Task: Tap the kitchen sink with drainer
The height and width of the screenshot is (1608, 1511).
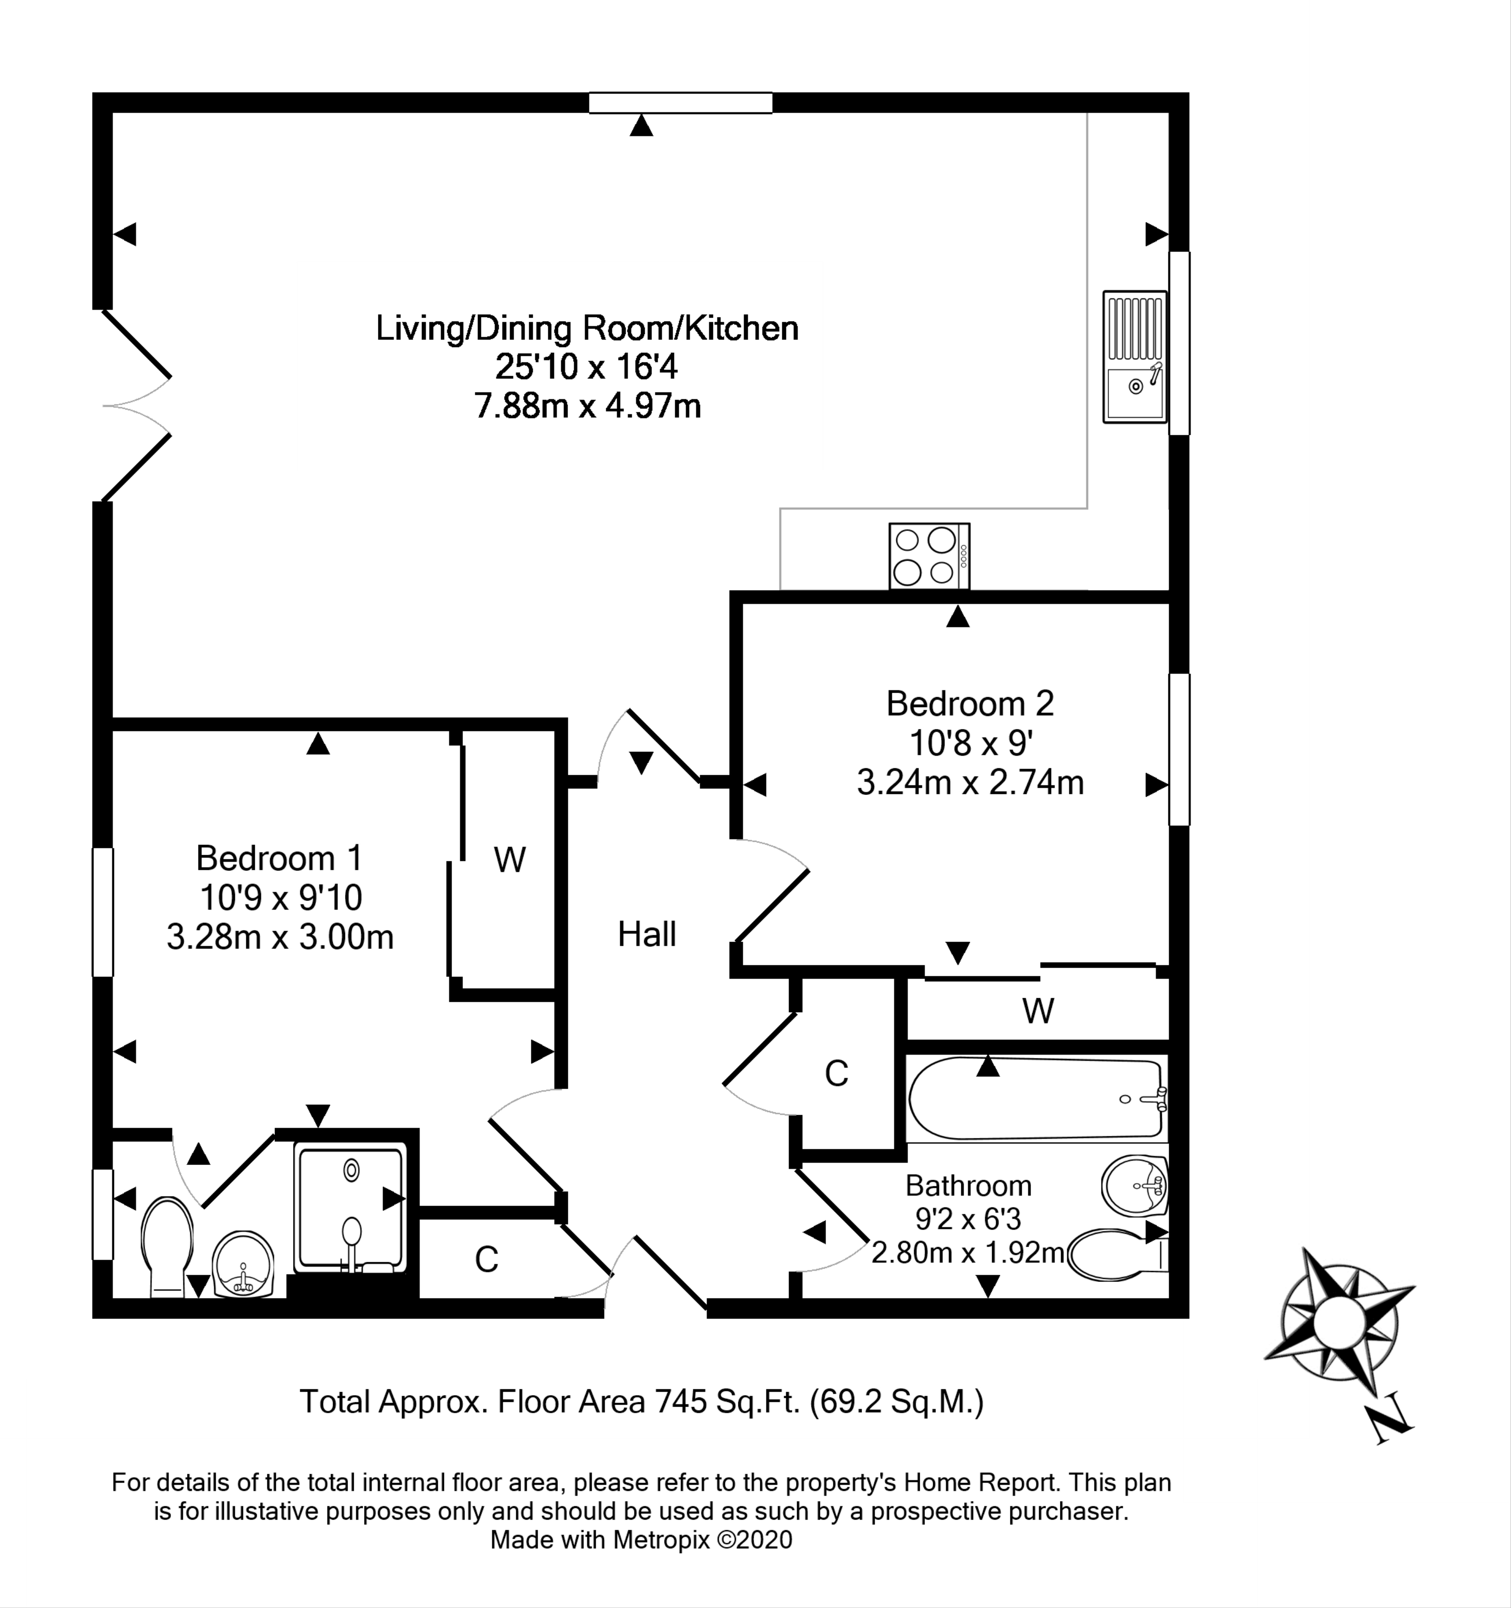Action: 1135,357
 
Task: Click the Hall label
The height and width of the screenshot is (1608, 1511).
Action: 647,934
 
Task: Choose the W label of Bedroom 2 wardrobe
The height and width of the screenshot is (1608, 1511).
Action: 1038,1010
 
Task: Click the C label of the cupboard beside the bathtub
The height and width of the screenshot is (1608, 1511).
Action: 836,1073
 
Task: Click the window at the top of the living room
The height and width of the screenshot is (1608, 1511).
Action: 680,103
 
